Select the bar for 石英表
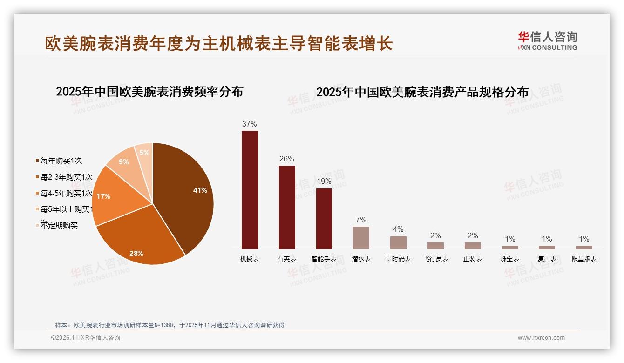[287, 207]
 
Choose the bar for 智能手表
[324, 219]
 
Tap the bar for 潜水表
[361, 237]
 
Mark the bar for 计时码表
[398, 242]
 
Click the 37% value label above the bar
[250, 124]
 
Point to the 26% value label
[287, 159]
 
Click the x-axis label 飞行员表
[435, 259]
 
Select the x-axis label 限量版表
[584, 259]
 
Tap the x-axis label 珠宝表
[510, 259]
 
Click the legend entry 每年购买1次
[61, 161]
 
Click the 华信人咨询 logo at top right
[547, 40]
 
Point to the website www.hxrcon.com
[541, 338]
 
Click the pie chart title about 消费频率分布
[149, 92]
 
